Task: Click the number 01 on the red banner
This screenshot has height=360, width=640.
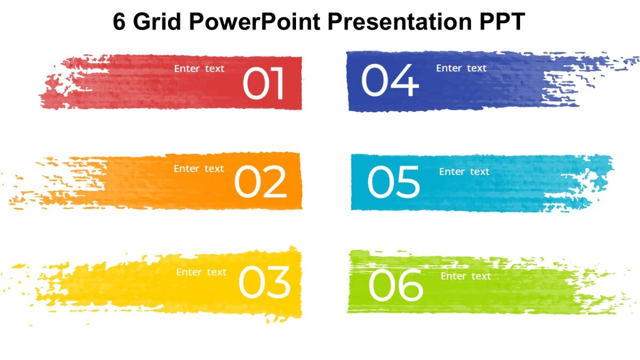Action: pos(263,84)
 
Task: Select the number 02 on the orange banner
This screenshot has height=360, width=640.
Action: pos(260,182)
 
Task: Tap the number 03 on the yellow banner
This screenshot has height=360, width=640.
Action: pos(265,283)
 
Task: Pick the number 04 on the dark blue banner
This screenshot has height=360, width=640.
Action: pos(390,81)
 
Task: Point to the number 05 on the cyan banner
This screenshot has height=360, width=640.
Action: pos(394,182)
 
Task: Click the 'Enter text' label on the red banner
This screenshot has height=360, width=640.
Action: pos(199,68)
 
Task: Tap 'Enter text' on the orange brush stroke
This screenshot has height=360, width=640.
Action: pos(199,169)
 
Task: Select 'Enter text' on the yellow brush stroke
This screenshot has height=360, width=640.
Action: pos(202,272)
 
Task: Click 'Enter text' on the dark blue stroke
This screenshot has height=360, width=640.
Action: pos(461,68)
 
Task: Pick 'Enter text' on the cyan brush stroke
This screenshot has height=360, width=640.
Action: pos(464,172)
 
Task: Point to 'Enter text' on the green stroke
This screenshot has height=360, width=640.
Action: pos(466,276)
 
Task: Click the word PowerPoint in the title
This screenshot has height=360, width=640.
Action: pos(253,22)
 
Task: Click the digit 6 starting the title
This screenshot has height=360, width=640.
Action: pos(119,22)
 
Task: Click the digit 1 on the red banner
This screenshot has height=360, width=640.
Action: pos(277,84)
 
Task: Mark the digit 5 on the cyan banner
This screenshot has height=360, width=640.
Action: pos(407,182)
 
